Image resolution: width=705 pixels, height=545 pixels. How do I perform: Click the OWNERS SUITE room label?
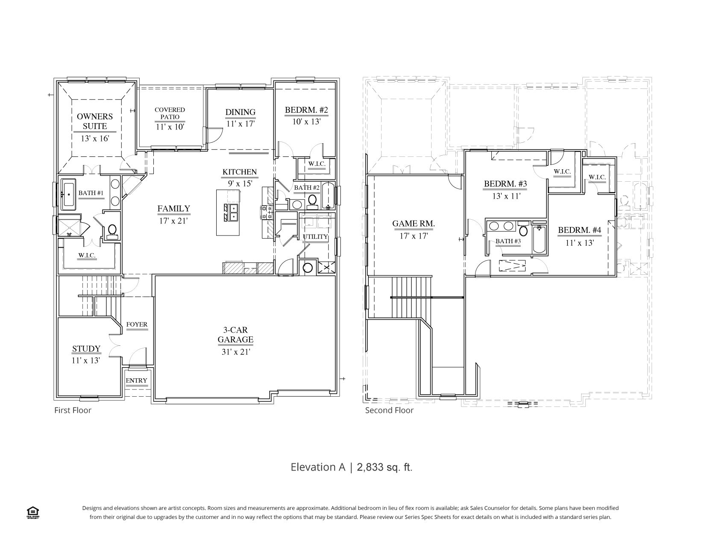coord(95,121)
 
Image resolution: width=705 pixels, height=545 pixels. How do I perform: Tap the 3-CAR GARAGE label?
coord(235,335)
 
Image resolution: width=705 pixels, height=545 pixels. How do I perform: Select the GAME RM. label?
coord(413,223)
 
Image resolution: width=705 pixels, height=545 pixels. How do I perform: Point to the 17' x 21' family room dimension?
coord(173,221)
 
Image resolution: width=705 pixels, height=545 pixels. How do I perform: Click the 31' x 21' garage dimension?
coord(236,352)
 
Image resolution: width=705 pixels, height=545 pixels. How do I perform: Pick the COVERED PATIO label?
coord(170,113)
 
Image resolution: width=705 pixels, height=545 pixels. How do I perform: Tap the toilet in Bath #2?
coord(312,200)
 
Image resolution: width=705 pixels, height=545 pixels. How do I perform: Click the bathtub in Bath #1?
coord(69,194)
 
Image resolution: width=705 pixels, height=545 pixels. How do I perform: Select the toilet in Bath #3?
coord(523,229)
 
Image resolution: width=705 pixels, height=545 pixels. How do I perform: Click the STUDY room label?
coord(86,349)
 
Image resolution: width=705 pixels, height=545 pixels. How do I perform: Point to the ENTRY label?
coord(136,380)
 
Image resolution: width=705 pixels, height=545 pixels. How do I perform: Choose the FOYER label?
coord(137,324)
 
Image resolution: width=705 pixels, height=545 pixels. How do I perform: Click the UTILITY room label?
coord(315,237)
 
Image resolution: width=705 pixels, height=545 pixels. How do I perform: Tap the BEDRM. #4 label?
coord(579,230)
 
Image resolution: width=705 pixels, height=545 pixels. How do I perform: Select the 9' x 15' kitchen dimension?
coord(240,184)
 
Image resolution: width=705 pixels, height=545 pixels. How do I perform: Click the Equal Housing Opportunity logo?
coord(32,513)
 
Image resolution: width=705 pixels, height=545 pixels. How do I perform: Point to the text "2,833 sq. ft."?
coord(385,467)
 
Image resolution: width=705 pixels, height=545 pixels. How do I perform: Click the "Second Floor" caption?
coord(389,410)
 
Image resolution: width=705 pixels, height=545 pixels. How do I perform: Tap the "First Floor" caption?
coord(73,410)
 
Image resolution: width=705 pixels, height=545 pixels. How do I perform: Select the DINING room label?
coord(241,112)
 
